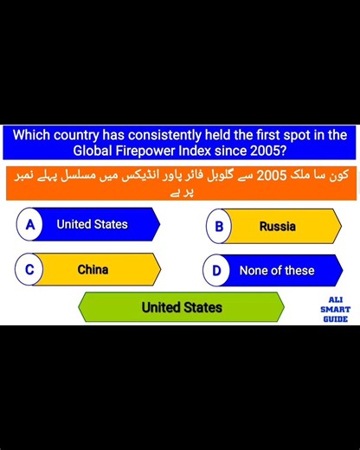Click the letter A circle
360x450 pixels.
coord(29,225)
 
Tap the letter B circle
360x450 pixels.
coord(219,227)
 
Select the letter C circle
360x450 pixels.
coord(29,270)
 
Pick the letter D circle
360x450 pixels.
coord(217,271)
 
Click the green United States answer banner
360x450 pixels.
coord(182,307)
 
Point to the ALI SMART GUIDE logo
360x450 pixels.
coord(334,308)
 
